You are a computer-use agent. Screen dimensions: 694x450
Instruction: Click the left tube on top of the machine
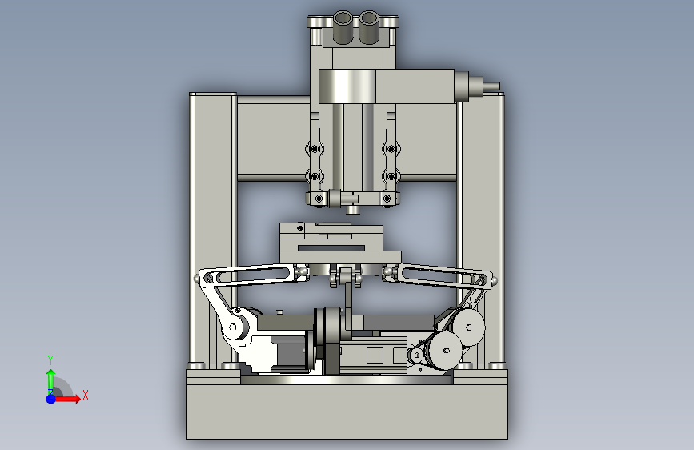[342, 27]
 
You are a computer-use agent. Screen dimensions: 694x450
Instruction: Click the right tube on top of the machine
[368, 27]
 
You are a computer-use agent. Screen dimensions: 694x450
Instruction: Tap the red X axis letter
[86, 395]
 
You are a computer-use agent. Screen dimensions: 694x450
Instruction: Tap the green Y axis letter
[50, 360]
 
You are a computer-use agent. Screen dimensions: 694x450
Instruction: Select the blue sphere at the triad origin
[51, 399]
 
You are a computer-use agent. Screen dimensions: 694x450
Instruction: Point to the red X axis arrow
[66, 399]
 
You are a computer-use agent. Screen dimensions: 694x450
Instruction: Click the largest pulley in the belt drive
[468, 327]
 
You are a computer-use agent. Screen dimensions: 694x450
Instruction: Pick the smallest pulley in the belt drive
[416, 356]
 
